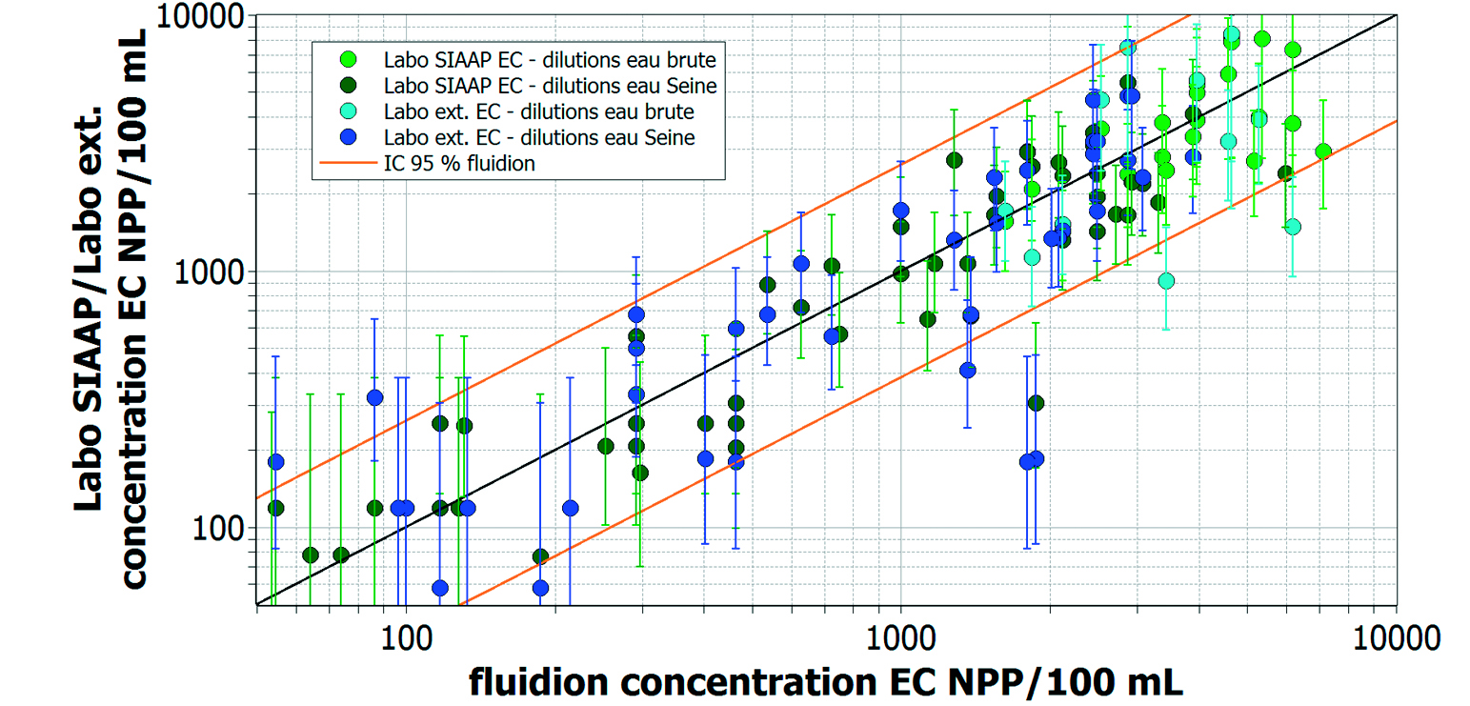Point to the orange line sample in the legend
pyautogui.click(x=347, y=162)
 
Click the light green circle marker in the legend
pyautogui.click(x=348, y=59)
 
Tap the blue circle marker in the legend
pyautogui.click(x=348, y=136)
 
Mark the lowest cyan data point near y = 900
pyautogui.click(x=1165, y=281)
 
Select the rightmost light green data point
pyautogui.click(x=1322, y=151)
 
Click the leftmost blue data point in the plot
pyautogui.click(x=275, y=462)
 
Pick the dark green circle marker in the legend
pyautogui.click(x=348, y=85)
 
